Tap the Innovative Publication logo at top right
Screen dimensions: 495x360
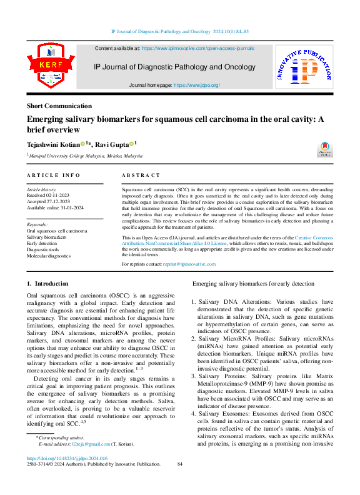pyautogui.click(x=304, y=69)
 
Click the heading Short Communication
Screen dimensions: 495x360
pyautogui.click(x=59, y=106)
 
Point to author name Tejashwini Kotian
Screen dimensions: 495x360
pyautogui.click(x=52, y=144)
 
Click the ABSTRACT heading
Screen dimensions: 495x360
pyautogui.click(x=141, y=176)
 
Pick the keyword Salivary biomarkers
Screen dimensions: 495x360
pyautogui.click(x=46, y=237)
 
